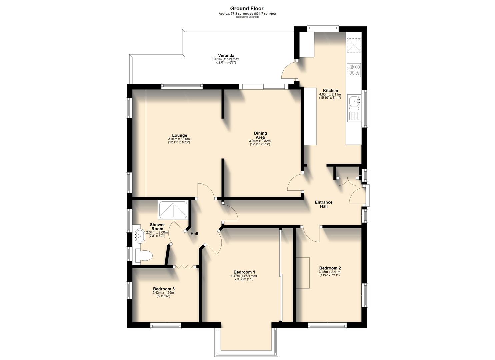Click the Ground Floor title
(247, 9)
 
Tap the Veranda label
(226, 56)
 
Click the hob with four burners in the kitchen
(354, 70)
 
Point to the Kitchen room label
(330, 91)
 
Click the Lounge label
(179, 135)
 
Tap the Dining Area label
(260, 135)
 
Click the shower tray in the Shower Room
(173, 210)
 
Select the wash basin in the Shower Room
(139, 236)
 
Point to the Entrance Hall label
(324, 204)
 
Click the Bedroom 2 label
(330, 268)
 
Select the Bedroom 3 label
(164, 289)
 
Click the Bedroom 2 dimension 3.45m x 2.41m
(330, 272)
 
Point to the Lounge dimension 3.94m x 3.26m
(179, 139)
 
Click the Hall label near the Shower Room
(194, 234)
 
